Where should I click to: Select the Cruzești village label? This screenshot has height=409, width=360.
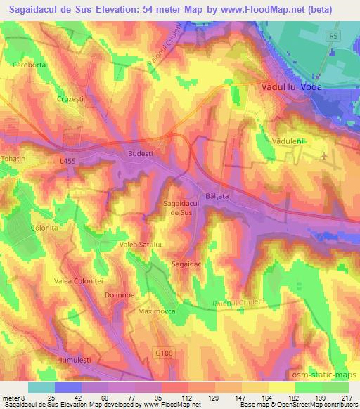[x=70, y=99]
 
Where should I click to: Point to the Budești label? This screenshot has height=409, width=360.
[x=141, y=152]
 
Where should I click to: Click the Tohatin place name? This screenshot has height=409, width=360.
[x=13, y=159]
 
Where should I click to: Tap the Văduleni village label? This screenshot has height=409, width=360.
[x=288, y=141]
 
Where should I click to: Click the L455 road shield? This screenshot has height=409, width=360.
[x=67, y=161]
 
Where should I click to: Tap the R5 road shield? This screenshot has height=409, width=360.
[x=332, y=34]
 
